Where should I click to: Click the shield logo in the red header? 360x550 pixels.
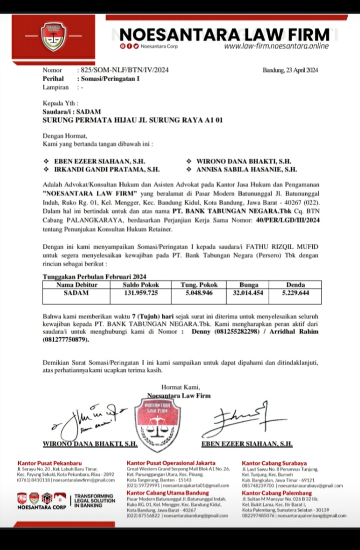53,36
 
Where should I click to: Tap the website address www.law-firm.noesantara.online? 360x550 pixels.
276,46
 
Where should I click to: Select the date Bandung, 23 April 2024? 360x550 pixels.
291,70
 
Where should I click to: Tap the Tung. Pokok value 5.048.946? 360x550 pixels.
200,293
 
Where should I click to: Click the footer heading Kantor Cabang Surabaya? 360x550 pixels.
274,463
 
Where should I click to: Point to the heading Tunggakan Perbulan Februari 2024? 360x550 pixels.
94,277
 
